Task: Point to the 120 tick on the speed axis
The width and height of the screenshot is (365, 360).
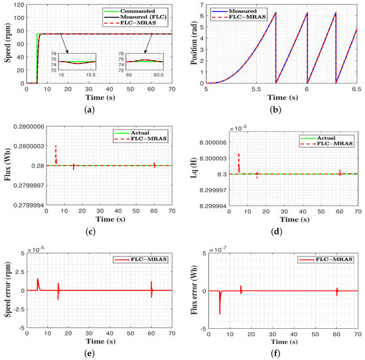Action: [x=19, y=5]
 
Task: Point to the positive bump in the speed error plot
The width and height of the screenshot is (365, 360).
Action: [x=38, y=280]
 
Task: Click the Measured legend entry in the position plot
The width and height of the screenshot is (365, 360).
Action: [x=329, y=10]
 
